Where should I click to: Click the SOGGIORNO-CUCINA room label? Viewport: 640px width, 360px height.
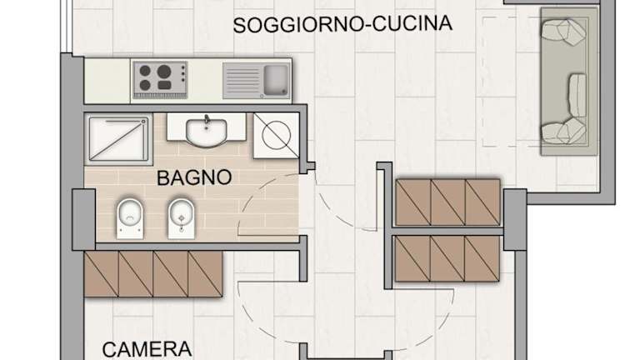(x=342, y=24)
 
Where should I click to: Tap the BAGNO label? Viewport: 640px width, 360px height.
(x=194, y=178)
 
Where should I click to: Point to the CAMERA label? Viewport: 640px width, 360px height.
(x=147, y=349)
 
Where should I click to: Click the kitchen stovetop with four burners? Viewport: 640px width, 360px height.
(x=160, y=80)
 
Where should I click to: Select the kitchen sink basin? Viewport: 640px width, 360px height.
(x=276, y=80)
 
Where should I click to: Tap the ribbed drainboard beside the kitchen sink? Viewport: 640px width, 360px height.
(x=242, y=81)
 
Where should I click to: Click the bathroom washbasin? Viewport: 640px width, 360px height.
(x=206, y=132)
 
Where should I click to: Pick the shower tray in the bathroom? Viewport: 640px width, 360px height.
(x=118, y=139)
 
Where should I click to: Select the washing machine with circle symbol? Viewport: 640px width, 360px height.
(x=277, y=136)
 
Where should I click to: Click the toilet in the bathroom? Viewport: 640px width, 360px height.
(x=130, y=218)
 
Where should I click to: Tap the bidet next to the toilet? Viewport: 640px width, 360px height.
(x=181, y=218)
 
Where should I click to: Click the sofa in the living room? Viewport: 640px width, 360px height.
(x=569, y=81)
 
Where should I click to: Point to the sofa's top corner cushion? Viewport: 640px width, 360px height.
(x=563, y=32)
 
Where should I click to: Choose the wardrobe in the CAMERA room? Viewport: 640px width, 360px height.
(x=153, y=274)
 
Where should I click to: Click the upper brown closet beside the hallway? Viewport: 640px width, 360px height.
(x=447, y=202)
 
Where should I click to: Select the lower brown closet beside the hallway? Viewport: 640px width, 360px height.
(x=447, y=258)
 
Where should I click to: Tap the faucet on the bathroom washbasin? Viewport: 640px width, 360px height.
(x=207, y=119)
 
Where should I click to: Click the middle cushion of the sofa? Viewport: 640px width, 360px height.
(x=577, y=95)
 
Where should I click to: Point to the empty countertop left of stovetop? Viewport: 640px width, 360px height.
(x=107, y=80)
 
